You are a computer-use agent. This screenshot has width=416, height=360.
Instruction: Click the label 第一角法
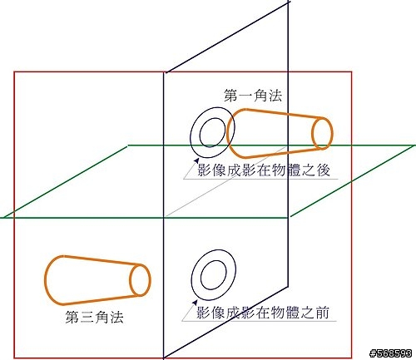253,96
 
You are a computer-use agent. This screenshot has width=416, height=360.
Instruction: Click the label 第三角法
94,317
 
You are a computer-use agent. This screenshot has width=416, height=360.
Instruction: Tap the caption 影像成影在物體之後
264,170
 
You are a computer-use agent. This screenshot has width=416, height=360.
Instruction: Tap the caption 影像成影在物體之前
263,313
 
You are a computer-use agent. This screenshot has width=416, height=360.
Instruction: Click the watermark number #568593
391,353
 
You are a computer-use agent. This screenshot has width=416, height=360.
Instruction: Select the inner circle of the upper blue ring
200,133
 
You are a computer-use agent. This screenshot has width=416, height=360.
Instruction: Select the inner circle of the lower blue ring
201,275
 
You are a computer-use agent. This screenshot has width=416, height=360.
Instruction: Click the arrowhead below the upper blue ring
196,160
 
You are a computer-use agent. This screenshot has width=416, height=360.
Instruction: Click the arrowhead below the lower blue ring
196,303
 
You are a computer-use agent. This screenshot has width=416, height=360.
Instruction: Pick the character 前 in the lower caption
322,313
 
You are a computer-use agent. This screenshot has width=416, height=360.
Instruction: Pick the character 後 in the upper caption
324,170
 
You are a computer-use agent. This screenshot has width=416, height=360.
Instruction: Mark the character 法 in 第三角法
116,317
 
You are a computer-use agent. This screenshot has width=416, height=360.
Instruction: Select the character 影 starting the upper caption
204,170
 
